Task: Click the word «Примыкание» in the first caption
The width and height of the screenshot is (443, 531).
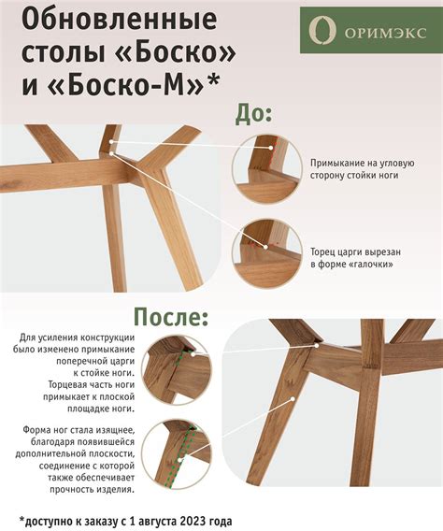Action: [x=341, y=160]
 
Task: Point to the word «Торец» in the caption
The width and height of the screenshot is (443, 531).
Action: [x=325, y=251]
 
